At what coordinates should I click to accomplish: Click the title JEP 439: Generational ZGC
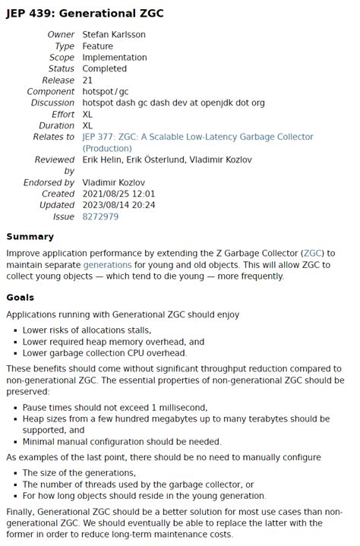pyautogui.click(x=84, y=14)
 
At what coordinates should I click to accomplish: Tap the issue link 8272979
pyautogui.click(x=100, y=216)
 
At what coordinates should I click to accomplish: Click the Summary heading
pyautogui.click(x=30, y=237)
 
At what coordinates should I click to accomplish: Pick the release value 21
pyautogui.click(x=87, y=80)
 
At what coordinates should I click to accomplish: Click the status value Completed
pyautogui.click(x=105, y=69)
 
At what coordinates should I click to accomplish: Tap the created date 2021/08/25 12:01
pyautogui.click(x=118, y=194)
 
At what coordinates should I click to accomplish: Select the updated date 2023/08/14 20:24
pyautogui.click(x=118, y=205)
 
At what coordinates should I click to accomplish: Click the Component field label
pyautogui.click(x=51, y=92)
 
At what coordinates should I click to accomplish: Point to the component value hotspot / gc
pyautogui.click(x=106, y=92)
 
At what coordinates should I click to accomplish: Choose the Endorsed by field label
pyautogui.click(x=49, y=182)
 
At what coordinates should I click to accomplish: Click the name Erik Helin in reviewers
pyautogui.click(x=103, y=160)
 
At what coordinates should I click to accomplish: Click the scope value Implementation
pyautogui.click(x=115, y=58)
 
